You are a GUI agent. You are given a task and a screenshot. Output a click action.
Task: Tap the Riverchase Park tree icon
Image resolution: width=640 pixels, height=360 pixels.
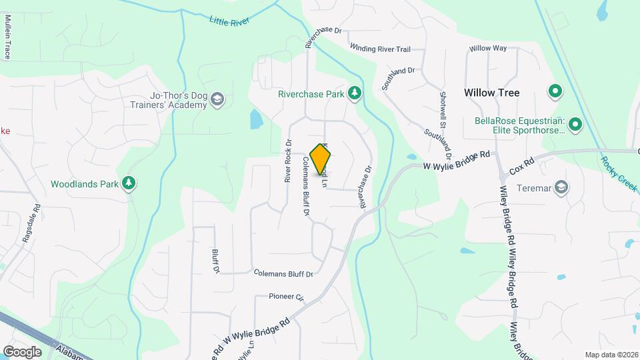point(355,94)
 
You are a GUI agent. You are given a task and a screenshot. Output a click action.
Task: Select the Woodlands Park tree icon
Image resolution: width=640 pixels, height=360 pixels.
point(129,183)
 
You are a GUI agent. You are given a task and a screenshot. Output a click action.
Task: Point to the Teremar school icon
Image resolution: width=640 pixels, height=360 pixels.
point(562,187)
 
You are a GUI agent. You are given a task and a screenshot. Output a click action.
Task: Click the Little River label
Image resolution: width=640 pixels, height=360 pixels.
point(229,21)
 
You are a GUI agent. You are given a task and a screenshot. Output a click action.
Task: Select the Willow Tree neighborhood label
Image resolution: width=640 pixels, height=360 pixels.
point(491,93)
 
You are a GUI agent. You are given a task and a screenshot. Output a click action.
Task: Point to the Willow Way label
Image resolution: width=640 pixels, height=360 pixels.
point(488,49)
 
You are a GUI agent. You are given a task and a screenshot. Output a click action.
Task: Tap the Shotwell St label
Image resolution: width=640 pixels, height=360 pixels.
point(442,110)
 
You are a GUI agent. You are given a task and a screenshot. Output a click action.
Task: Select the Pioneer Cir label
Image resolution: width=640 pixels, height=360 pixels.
point(286,296)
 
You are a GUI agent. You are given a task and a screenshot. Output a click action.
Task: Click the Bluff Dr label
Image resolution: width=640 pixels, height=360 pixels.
point(215,261)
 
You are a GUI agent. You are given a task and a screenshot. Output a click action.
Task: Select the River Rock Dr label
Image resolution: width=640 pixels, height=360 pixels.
point(288,161)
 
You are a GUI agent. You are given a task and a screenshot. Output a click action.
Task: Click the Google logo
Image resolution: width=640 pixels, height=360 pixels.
point(22,351)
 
